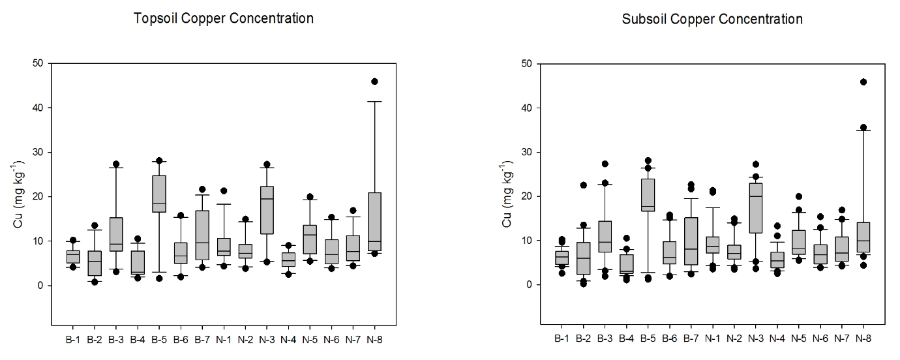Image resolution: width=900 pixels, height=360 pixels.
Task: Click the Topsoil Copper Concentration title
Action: click(224, 18)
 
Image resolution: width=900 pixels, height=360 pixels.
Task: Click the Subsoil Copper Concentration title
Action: click(712, 19)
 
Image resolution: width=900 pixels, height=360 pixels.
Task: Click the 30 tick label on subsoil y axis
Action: click(527, 152)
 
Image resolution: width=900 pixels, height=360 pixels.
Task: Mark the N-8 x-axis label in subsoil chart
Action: click(863, 338)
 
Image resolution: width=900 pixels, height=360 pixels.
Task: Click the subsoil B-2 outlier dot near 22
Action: click(584, 185)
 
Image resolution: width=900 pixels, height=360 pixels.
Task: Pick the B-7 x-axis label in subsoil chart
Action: click(691, 338)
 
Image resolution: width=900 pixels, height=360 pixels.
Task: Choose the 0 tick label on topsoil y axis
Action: click(40, 286)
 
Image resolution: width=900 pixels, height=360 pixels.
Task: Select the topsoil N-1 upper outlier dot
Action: click(224, 191)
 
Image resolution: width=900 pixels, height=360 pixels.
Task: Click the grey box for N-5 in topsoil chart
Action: click(310, 239)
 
